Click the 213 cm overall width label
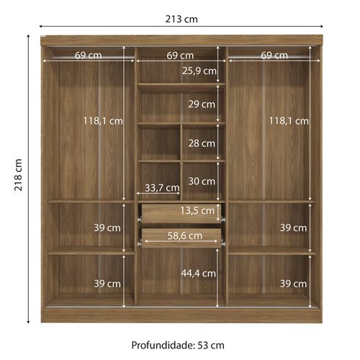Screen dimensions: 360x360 [x=181, y=19]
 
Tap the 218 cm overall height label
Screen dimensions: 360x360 [x=18, y=175]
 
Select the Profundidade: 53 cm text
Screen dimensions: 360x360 [x=178, y=346]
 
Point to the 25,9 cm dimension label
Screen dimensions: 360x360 [x=199, y=71]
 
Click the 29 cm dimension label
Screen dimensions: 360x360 [x=202, y=104]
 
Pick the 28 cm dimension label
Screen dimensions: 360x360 [x=202, y=143]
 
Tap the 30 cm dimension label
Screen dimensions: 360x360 [x=202, y=181]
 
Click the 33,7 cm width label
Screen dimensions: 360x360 [x=162, y=188]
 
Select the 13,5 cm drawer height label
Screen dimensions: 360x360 [x=197, y=210]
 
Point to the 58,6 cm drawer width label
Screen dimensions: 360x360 [x=185, y=235]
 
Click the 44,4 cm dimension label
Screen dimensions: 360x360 [x=199, y=273]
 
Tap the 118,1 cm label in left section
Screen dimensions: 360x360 [x=103, y=121]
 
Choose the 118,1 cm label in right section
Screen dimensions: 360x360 [x=289, y=121]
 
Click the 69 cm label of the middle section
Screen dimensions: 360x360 [x=180, y=55]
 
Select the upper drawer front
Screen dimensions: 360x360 [x=181, y=213]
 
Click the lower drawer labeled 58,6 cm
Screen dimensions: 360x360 [x=181, y=238]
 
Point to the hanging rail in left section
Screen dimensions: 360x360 [x=93, y=58]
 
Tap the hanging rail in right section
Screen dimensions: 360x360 [x=269, y=58]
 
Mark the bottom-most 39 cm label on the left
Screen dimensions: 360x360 [x=107, y=284]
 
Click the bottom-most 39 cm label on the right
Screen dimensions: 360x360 [x=293, y=284]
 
